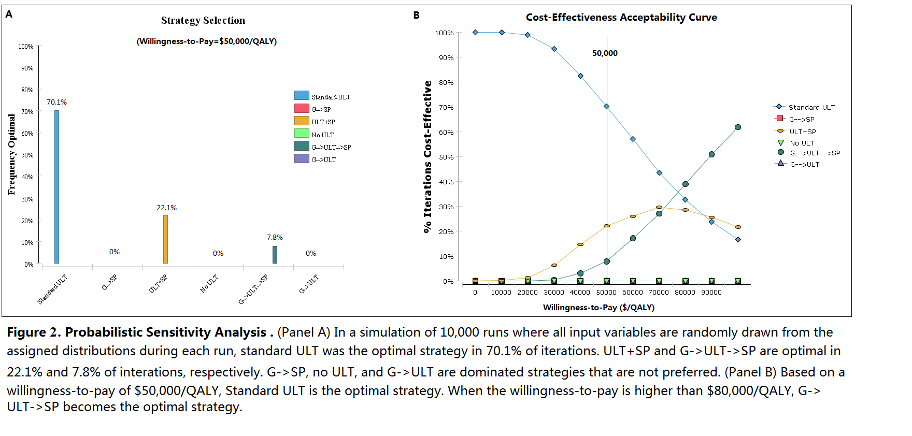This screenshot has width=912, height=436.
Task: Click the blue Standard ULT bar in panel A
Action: (56, 186)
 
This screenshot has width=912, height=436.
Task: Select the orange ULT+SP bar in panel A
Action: (165, 239)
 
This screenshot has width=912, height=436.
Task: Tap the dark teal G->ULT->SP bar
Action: (275, 255)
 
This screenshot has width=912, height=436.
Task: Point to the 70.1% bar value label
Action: (56, 102)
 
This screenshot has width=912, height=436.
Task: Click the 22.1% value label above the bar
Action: (166, 208)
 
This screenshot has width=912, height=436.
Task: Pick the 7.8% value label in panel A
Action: (275, 237)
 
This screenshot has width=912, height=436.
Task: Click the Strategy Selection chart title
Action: (203, 21)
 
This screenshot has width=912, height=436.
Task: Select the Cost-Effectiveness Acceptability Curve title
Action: (621, 17)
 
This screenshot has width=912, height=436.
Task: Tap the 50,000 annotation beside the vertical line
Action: (605, 53)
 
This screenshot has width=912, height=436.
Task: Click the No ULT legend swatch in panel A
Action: (302, 134)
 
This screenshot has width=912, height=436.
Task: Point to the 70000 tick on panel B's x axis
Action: (659, 293)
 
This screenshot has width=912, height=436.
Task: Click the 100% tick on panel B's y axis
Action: (444, 33)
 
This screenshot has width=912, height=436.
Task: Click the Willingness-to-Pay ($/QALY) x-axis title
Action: (598, 308)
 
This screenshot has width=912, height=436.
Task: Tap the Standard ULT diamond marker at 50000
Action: (606, 107)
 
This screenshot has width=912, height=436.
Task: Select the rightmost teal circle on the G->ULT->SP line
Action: (738, 127)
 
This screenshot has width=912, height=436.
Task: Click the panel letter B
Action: (416, 15)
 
